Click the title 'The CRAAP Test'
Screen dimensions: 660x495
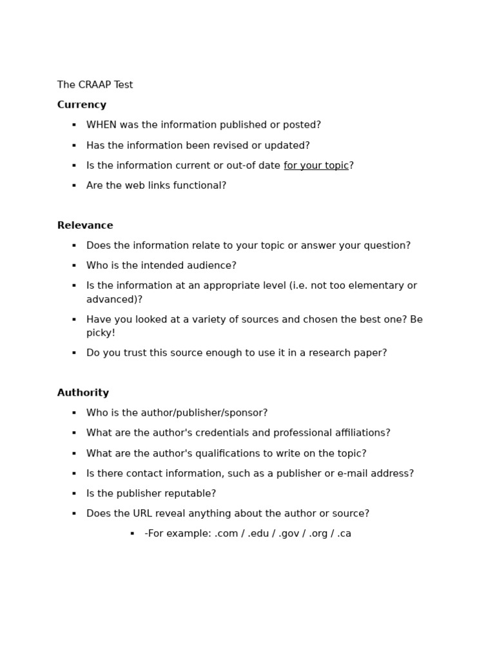(x=95, y=85)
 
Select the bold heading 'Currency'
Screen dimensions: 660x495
(x=82, y=105)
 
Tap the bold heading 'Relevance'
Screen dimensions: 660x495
(x=85, y=226)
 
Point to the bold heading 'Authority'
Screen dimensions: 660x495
(x=83, y=393)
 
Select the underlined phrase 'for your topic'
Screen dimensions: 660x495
(x=316, y=166)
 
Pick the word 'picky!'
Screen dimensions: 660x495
(x=101, y=333)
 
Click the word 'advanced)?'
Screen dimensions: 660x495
(x=114, y=300)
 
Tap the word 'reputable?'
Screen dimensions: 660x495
(x=191, y=494)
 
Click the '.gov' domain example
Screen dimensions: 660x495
(x=289, y=534)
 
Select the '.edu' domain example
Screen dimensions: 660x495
(x=258, y=534)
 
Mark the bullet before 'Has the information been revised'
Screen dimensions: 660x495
(x=74, y=146)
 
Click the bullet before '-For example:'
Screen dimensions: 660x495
(x=132, y=534)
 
